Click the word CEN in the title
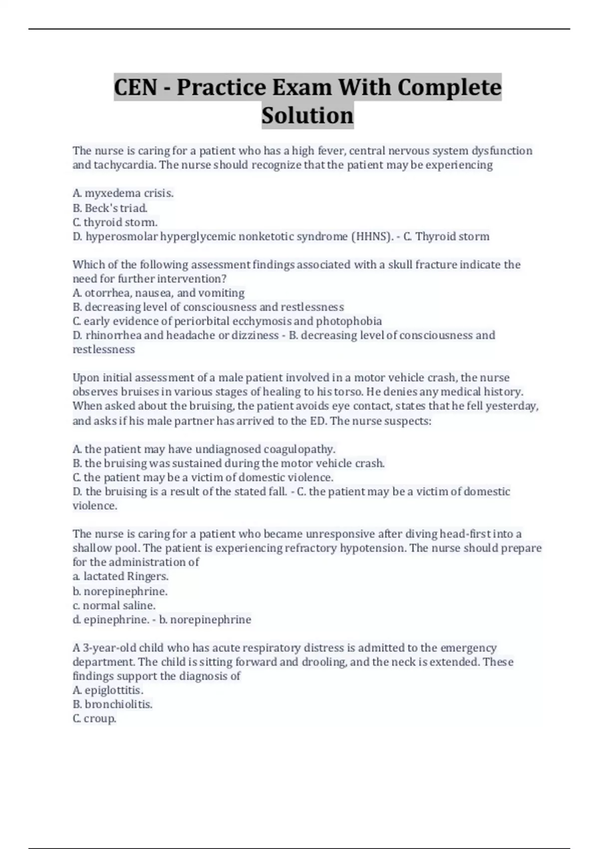[136, 87]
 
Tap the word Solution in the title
[307, 115]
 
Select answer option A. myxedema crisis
[123, 193]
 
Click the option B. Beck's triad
[110, 208]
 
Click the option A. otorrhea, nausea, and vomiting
[158, 293]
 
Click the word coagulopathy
[299, 449]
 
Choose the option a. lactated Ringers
[120, 576]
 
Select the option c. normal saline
[114, 605]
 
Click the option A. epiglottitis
[108, 690]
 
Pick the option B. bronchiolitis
[112, 704]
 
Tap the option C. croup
[94, 719]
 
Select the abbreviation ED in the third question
[317, 421]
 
